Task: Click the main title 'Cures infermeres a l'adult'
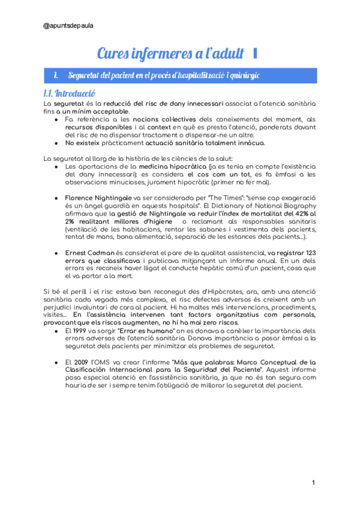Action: (x=170, y=53)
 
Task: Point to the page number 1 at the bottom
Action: (x=313, y=483)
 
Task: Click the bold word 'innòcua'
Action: (x=247, y=143)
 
